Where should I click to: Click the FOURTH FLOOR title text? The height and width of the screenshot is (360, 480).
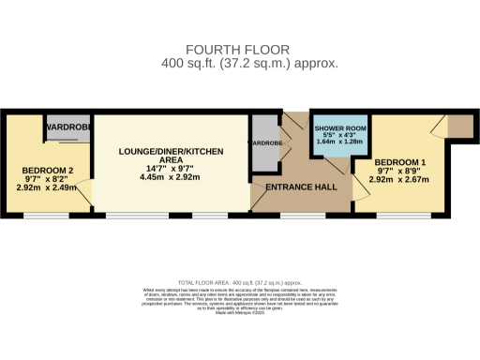click(x=240, y=49)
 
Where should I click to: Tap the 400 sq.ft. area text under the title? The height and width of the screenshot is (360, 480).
click(x=240, y=63)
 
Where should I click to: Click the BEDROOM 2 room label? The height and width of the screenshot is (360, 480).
click(x=47, y=171)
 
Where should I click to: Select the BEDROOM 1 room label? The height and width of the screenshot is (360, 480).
click(x=397, y=162)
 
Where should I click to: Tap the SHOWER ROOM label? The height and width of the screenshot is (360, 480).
click(x=341, y=127)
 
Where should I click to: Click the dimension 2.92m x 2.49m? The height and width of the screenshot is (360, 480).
click(x=47, y=187)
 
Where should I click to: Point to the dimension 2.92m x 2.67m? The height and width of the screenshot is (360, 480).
click(x=397, y=179)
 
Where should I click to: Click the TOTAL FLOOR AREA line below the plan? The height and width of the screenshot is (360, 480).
click(x=240, y=281)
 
